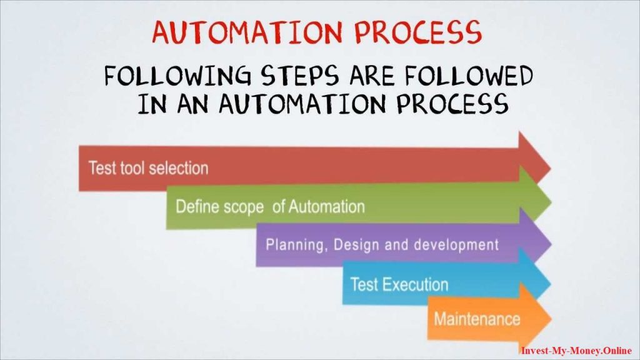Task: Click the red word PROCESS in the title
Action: [418, 32]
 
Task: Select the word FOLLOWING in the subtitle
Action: [178, 76]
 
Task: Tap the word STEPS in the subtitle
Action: [300, 76]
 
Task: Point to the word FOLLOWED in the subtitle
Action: [469, 76]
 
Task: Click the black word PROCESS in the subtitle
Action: [453, 104]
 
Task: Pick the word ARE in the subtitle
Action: [372, 76]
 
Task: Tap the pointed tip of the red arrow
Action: [551, 167]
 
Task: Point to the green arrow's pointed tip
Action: [551, 202]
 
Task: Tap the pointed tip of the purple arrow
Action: [552, 244]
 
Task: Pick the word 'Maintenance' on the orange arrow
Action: [477, 319]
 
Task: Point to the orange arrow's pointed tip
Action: [552, 318]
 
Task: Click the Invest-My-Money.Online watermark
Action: [576, 351]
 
